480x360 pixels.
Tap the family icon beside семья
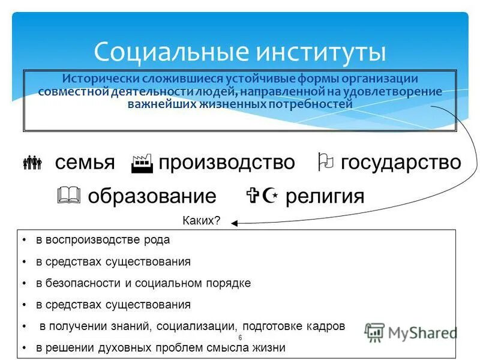[32, 162]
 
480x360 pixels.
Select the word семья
[85, 162]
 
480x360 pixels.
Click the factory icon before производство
[142, 163]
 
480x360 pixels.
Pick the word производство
[227, 162]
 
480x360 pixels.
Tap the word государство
[401, 162]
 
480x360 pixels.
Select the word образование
[152, 196]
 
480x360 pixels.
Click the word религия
[325, 196]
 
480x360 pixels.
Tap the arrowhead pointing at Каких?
[235, 223]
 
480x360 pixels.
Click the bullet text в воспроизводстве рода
[103, 240]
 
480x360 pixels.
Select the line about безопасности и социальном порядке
[143, 283]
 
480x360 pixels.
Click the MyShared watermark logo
[411, 332]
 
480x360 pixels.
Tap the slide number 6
[240, 338]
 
